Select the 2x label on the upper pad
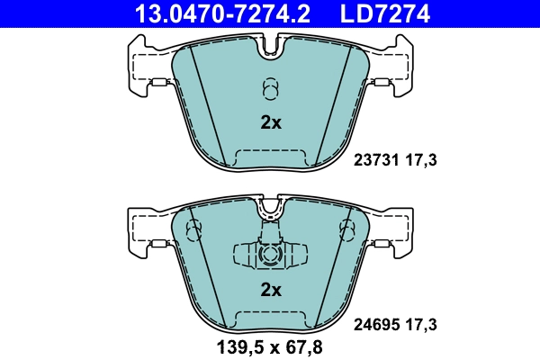pyautogui.click(x=271, y=123)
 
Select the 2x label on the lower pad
pyautogui.click(x=271, y=290)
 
